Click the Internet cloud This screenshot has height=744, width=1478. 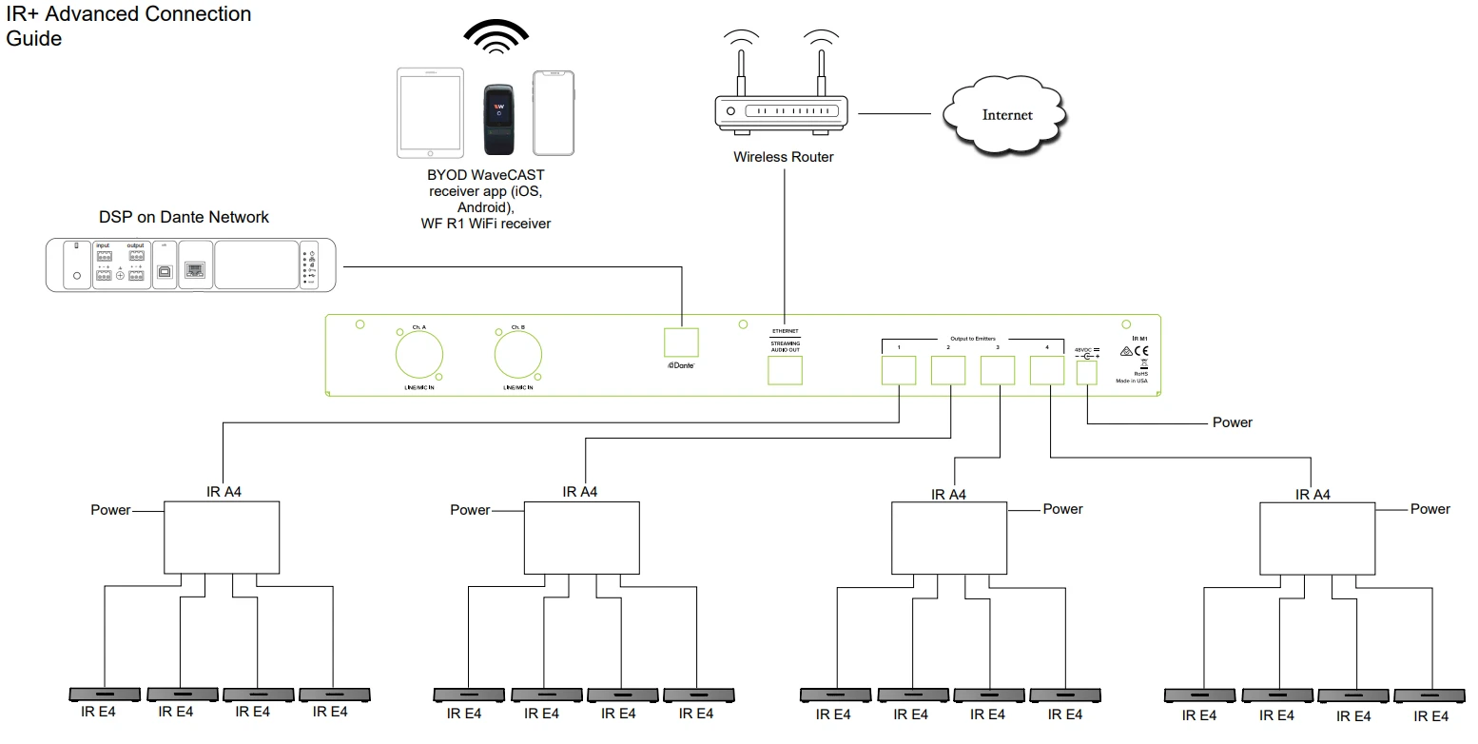coord(1005,115)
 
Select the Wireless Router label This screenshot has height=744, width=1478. coord(783,157)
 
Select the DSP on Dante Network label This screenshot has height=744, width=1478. coord(184,217)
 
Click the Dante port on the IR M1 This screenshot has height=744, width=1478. coord(681,343)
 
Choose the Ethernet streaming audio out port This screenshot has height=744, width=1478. coord(785,371)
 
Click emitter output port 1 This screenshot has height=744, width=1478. coord(899,370)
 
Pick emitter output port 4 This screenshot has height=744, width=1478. coord(1046,370)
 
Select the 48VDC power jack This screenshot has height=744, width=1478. coord(1087,373)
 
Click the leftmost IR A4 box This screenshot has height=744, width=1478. coord(222,538)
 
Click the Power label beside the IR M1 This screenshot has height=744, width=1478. coord(1232,422)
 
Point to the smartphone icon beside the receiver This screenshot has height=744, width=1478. coord(554,112)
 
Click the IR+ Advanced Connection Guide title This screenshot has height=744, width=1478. coord(128,27)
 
